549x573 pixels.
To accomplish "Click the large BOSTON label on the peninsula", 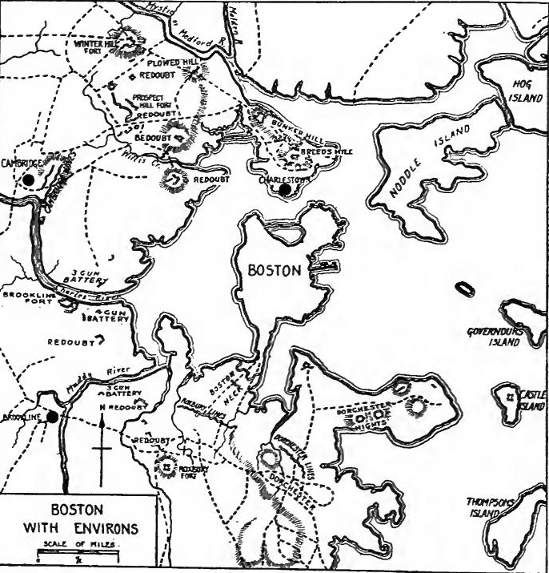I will (x=274, y=271).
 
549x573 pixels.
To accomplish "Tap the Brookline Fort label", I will (x=24, y=299).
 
